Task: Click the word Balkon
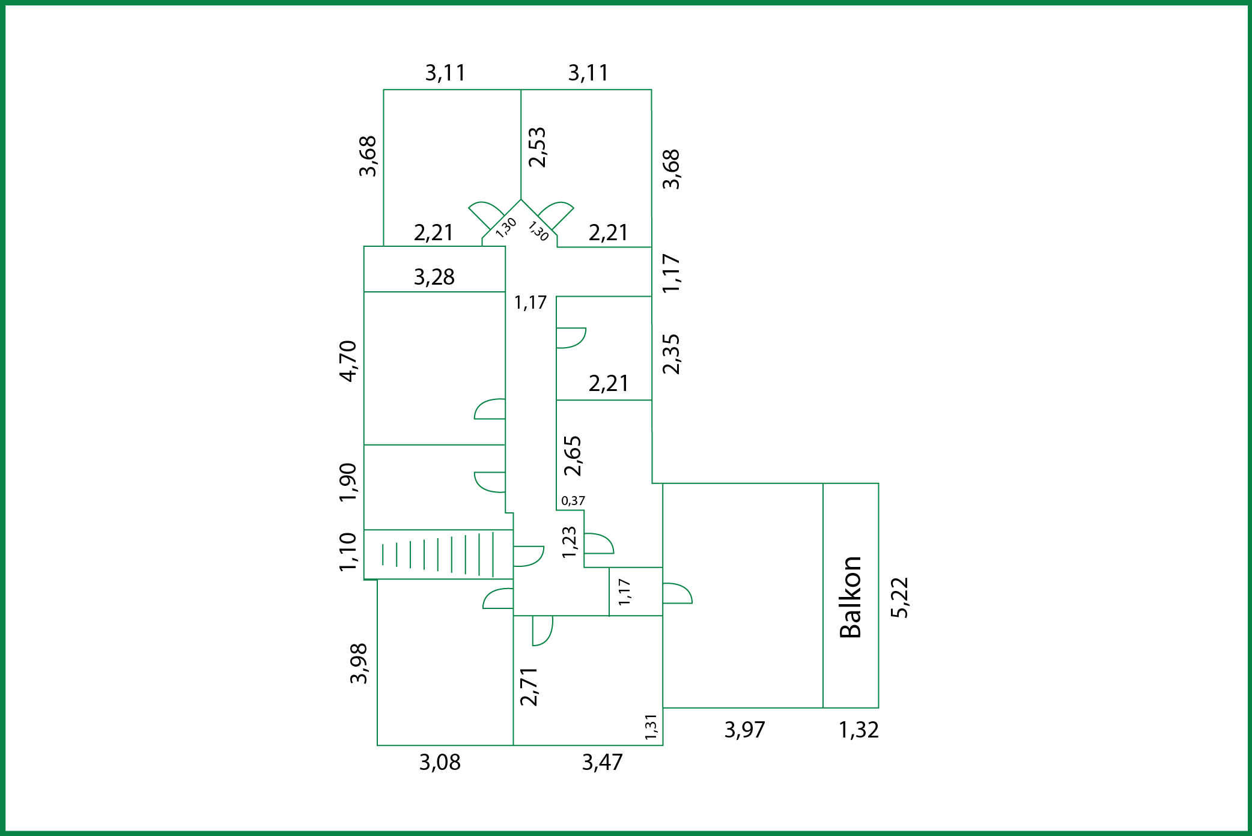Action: click(851, 597)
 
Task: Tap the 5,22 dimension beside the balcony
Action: click(900, 597)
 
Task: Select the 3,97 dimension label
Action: click(744, 730)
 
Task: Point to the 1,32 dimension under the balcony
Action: click(858, 730)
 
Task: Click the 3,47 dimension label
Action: click(603, 762)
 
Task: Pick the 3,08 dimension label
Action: click(440, 762)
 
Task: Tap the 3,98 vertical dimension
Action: click(359, 663)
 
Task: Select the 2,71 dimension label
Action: click(529, 686)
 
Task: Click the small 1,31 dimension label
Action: click(651, 727)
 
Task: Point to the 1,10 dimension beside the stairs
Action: click(348, 552)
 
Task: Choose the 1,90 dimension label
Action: click(348, 482)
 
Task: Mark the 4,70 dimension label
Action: click(348, 361)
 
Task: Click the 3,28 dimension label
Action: click(434, 277)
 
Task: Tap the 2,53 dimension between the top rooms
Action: click(537, 147)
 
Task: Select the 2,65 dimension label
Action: click(573, 456)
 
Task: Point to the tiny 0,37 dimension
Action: click(573, 500)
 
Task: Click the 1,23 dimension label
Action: click(569, 542)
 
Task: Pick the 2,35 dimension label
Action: click(671, 354)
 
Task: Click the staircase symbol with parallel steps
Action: click(438, 554)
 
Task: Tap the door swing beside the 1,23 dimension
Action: click(599, 544)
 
